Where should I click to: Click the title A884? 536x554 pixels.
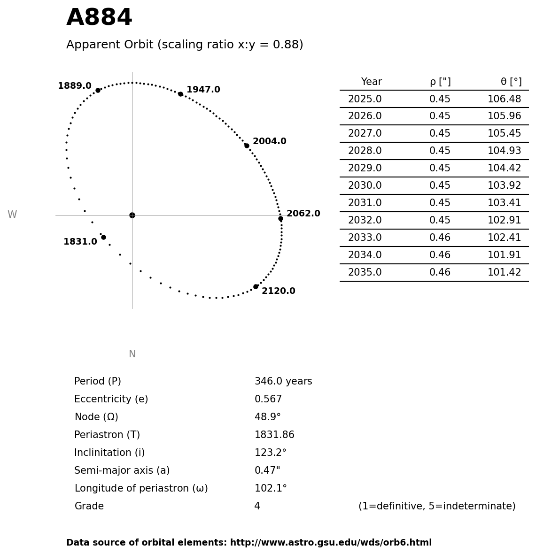coord(99,18)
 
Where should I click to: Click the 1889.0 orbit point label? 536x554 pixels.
coord(75,86)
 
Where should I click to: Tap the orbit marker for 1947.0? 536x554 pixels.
coord(180,94)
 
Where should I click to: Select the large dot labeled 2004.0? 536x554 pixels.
coord(247,146)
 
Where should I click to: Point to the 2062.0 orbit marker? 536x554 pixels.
coord(280,218)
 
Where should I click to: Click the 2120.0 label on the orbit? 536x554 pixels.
coord(279,291)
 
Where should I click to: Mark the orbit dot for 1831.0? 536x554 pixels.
coord(103,237)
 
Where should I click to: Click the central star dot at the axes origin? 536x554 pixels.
coord(132,215)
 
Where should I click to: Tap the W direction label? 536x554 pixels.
coord(12,215)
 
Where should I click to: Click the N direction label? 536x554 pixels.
coord(132,354)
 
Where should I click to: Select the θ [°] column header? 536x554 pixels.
coord(511,82)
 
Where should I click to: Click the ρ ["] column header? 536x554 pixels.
coord(440,82)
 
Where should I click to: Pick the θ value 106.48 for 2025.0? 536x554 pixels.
coord(504,99)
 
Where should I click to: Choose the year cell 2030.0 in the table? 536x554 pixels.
coord(365,185)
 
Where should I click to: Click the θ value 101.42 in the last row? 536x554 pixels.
coord(504,272)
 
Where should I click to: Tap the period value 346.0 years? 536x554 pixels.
coord(283,381)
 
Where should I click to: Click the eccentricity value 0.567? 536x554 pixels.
coord(268,399)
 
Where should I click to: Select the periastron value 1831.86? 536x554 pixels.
coord(274,435)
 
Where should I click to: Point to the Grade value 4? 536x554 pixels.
coord(257,506)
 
